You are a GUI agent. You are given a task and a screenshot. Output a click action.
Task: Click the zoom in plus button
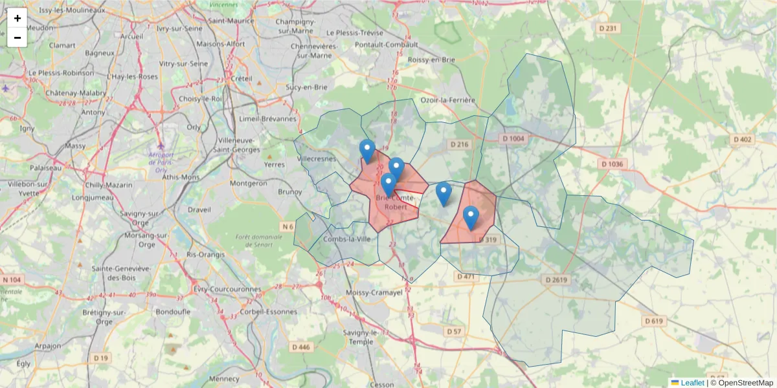click(x=17, y=18)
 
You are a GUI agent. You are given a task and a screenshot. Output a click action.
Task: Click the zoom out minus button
click(x=17, y=38)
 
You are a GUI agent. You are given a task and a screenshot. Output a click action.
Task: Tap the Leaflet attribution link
click(x=692, y=383)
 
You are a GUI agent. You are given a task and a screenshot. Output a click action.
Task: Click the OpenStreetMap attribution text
click(x=745, y=383)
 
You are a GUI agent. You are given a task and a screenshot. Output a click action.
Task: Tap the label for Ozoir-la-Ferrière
click(x=448, y=100)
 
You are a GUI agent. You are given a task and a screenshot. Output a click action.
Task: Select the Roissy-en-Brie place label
click(x=431, y=59)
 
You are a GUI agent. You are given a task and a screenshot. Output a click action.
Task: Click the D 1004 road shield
click(x=513, y=139)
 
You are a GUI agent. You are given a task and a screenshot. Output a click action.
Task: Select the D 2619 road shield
click(x=556, y=279)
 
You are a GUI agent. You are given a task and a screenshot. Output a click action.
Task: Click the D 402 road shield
click(x=742, y=140)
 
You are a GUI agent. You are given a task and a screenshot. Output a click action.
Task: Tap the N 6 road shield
click(x=287, y=227)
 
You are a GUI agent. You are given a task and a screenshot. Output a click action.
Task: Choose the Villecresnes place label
click(x=317, y=158)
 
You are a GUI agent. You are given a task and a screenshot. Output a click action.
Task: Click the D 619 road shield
click(x=655, y=321)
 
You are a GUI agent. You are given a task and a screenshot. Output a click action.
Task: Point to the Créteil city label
click(x=241, y=78)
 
